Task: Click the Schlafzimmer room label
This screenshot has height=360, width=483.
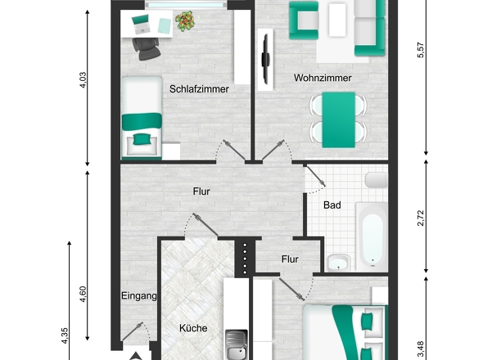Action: coord(198,88)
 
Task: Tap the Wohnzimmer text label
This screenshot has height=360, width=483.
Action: coord(323,79)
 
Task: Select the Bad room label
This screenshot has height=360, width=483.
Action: coord(332,205)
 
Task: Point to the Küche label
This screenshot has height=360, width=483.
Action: coord(193,328)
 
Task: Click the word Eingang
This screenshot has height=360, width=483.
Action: coord(138,295)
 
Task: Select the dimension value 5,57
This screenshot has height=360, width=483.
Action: coord(421,51)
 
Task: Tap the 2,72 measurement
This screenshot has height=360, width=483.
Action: coord(421,218)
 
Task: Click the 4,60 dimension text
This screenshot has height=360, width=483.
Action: coord(81,293)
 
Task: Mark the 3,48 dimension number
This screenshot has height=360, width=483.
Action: coord(421,349)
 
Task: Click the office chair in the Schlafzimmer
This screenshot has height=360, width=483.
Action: coord(148,51)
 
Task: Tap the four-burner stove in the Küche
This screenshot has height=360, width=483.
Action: coord(244,257)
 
